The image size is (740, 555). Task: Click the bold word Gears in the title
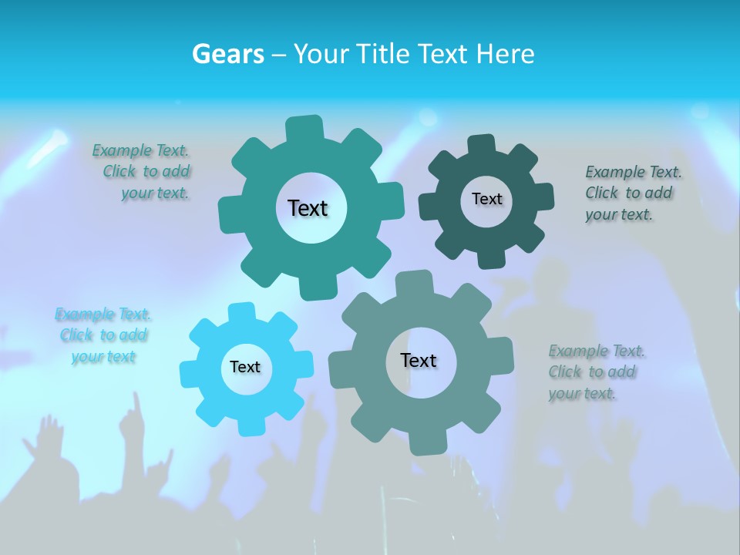[228, 54]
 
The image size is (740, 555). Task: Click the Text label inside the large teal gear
[308, 208]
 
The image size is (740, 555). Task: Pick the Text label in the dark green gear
[486, 199]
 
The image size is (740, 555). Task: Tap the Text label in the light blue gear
[245, 367]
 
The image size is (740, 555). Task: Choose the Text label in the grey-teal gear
[419, 360]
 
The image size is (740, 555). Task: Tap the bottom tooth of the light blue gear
[248, 425]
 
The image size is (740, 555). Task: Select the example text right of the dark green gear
[632, 193]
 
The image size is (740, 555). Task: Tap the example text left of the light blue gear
[103, 335]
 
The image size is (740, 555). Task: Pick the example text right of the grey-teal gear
[596, 372]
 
